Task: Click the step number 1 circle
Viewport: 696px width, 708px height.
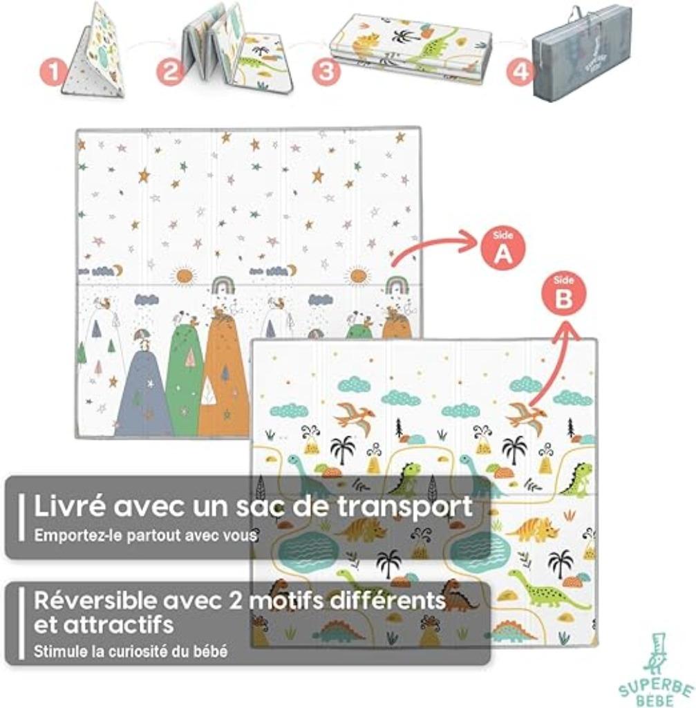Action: coord(53,73)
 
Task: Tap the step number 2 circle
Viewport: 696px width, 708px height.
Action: coord(170,72)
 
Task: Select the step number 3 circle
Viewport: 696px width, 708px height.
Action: coord(326,72)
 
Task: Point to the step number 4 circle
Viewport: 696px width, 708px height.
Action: coord(520,72)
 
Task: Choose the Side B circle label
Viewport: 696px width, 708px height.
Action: coord(563,296)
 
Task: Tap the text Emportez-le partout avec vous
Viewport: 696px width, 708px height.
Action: coord(145,536)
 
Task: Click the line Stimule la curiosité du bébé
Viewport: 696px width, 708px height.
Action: coord(131,651)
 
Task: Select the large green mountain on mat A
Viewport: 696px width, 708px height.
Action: coord(185,375)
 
